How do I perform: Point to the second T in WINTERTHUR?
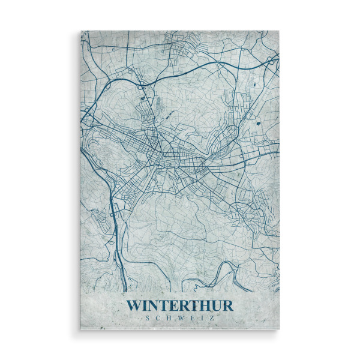pyautogui.click(x=197, y=305)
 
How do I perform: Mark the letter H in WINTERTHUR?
pyautogui.click(x=209, y=305)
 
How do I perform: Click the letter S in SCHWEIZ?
pyautogui.click(x=148, y=318)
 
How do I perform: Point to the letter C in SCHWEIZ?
pyautogui.click(x=158, y=318)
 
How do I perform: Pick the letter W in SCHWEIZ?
pyautogui.click(x=180, y=318)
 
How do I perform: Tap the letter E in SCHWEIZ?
pyautogui.click(x=192, y=318)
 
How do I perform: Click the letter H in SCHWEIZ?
pyautogui.click(x=169, y=318)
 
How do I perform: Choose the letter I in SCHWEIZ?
pyautogui.click(x=202, y=318)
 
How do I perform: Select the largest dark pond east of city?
pyautogui.click(x=259, y=122)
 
